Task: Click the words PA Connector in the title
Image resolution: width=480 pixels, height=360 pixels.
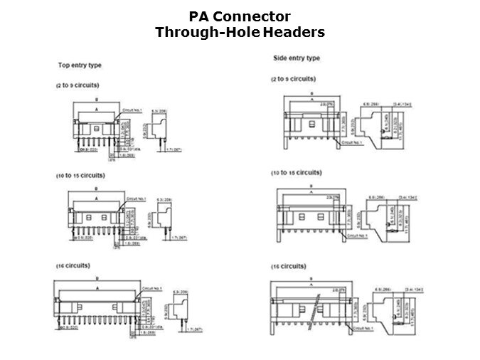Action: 240,16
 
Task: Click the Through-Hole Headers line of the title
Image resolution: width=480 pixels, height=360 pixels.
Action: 240,32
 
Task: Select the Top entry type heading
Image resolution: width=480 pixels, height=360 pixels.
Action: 80,65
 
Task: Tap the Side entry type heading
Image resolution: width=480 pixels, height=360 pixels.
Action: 297,58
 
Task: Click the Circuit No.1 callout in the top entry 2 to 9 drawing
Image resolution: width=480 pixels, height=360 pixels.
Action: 133,111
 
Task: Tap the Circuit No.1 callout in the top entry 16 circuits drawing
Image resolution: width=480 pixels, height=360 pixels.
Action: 153,287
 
